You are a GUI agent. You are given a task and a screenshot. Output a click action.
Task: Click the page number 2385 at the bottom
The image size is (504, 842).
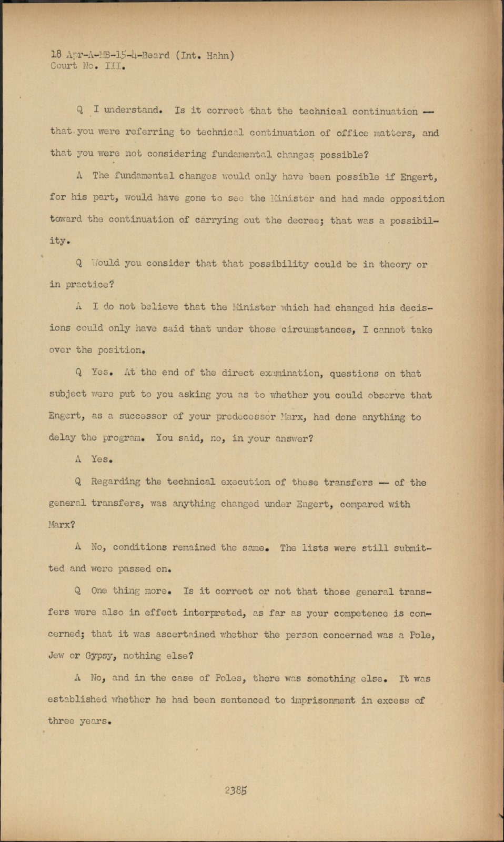[236, 790]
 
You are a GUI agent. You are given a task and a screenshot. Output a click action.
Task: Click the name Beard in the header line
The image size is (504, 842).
[156, 55]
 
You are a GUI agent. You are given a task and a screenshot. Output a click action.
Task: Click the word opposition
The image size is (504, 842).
[417, 199]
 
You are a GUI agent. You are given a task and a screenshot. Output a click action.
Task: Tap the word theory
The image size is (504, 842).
[395, 264]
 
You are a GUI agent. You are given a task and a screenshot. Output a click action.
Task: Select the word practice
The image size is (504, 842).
[88, 285]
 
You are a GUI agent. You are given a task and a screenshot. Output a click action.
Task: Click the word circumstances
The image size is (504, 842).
[316, 330]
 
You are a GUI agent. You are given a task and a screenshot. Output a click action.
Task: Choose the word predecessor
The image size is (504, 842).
[246, 416]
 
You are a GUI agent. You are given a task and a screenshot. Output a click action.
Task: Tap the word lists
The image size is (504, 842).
[315, 547]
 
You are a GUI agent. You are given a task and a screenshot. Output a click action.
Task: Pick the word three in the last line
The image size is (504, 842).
[61, 721]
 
